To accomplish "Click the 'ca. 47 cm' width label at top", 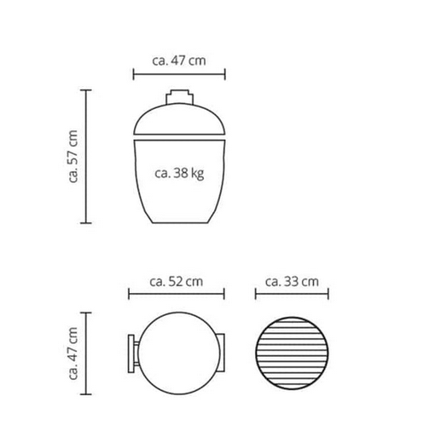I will tap(178, 60).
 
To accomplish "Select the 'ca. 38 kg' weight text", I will tap(178, 173).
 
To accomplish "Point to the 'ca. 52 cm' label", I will tap(176, 280).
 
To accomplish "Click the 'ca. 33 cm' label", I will tap(292, 280).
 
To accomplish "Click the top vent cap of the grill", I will tap(178, 96).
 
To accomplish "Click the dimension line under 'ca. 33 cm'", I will tap(292, 296).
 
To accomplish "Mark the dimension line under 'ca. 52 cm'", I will tap(176, 296).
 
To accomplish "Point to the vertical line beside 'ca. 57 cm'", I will tap(86, 157).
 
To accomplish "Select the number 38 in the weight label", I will tap(181, 173).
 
